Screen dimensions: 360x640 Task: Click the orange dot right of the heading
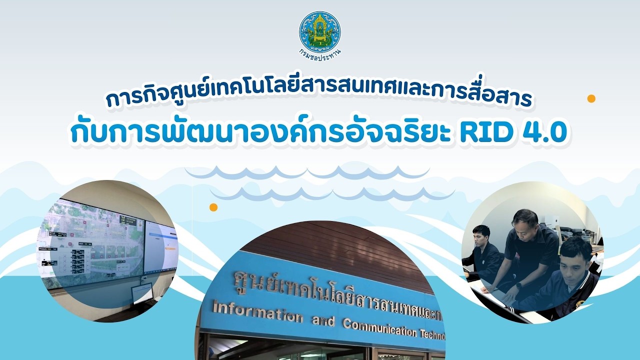591,98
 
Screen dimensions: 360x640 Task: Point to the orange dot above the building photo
213,207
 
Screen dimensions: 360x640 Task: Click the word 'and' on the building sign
322,320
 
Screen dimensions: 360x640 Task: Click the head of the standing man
524,220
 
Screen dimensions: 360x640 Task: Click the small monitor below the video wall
142,293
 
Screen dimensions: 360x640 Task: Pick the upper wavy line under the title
307,173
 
